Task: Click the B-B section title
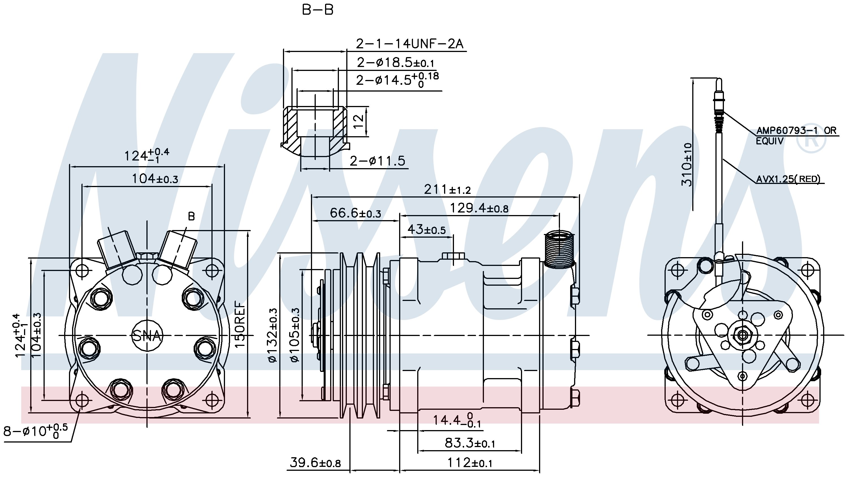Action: [317, 10]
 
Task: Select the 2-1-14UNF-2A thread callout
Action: [410, 44]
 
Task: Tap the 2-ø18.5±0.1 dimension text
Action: [395, 62]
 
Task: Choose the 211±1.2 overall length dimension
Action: [447, 190]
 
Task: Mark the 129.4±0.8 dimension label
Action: [479, 208]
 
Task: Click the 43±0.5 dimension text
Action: [426, 229]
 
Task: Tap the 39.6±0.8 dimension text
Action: [315, 463]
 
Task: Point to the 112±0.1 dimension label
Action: [470, 463]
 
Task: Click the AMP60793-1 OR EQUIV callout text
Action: [796, 135]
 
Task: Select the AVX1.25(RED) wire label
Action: [788, 179]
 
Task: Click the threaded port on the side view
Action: [559, 249]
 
